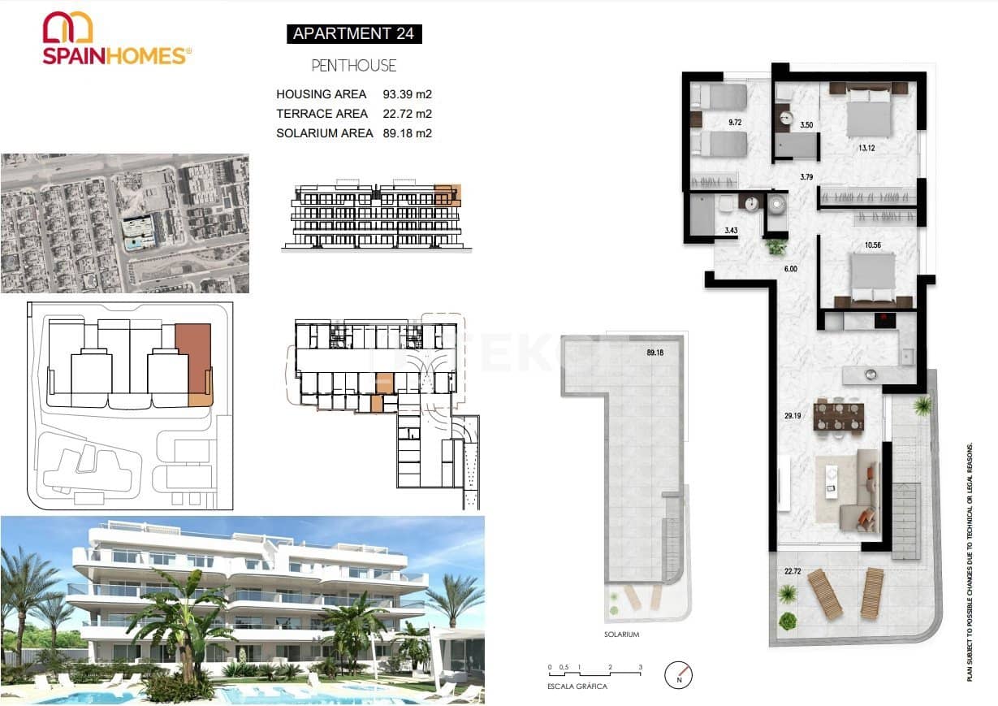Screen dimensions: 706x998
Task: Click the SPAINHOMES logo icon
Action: click(68, 27)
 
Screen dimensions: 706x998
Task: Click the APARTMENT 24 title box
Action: click(353, 33)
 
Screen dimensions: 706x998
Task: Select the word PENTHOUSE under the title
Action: click(354, 65)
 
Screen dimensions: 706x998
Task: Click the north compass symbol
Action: click(678, 674)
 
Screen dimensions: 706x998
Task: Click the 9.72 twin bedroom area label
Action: click(736, 123)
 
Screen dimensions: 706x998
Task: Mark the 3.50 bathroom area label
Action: click(806, 125)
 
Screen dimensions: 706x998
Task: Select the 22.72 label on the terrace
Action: click(792, 570)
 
